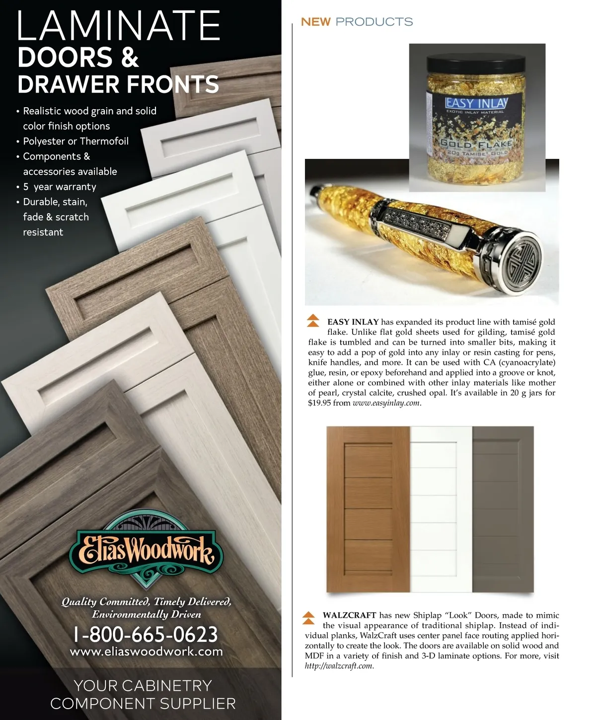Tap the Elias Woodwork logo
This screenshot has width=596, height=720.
point(142,552)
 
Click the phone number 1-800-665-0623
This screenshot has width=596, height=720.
point(146,634)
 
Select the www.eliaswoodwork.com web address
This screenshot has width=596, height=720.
point(147,651)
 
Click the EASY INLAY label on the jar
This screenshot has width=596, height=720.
point(476,103)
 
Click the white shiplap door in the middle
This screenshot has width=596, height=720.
point(441,509)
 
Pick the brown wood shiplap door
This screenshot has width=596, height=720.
point(369,509)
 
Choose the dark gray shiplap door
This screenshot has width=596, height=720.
point(503,509)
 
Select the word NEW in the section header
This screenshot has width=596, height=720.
point(315,22)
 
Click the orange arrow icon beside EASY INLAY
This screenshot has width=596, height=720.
point(313,320)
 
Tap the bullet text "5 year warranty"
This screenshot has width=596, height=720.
point(60,187)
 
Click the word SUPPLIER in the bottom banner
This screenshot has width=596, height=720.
point(192,703)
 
